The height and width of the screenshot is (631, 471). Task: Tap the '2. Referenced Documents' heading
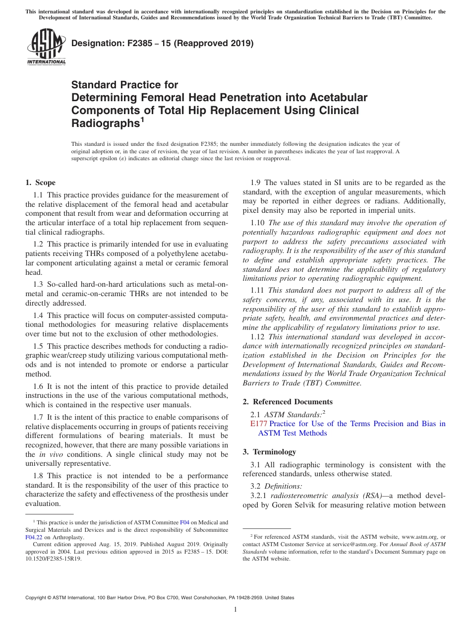click(x=288, y=401)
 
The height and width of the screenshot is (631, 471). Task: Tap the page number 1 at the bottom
click(x=235, y=609)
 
